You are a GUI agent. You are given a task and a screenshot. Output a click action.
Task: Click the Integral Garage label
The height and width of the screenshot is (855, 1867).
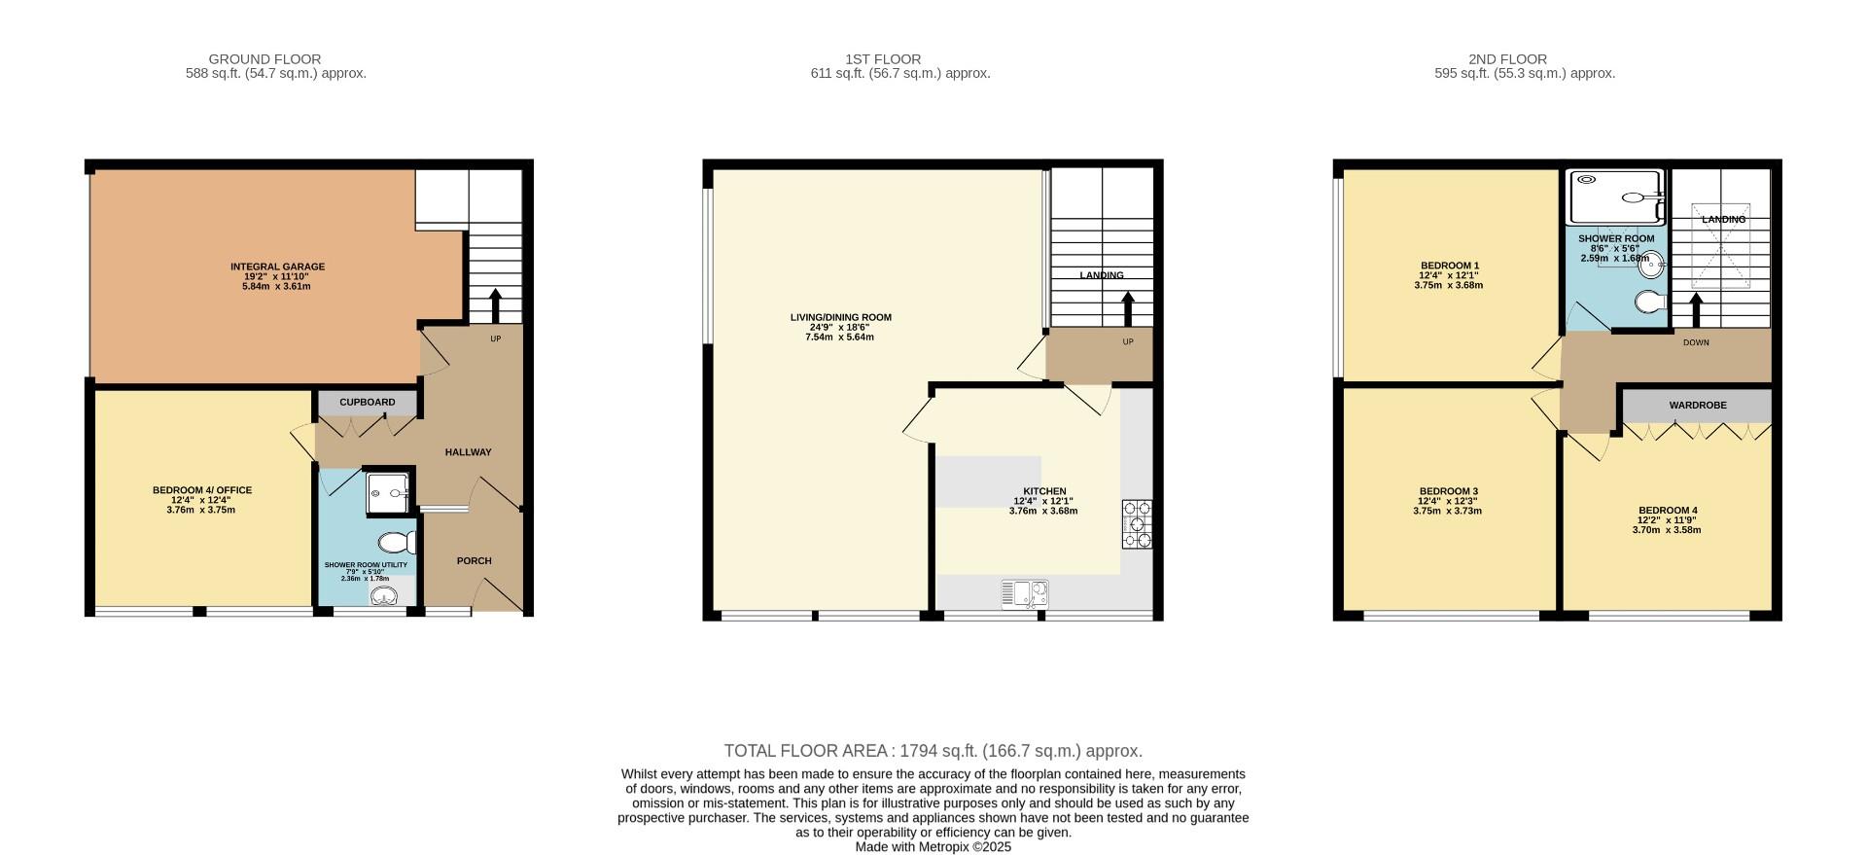click(277, 267)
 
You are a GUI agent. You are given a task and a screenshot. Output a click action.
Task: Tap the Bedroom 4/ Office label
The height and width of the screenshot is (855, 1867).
click(201, 490)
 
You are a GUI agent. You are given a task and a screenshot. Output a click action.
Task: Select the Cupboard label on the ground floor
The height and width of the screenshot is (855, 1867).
click(367, 403)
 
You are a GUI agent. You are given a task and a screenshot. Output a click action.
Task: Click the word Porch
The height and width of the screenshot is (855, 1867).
click(474, 560)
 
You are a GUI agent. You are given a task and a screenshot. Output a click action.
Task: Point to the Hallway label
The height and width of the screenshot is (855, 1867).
click(468, 452)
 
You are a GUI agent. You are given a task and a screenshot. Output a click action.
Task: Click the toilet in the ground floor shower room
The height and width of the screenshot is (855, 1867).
click(394, 543)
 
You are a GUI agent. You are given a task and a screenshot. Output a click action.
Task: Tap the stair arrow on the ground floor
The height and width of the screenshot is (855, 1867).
click(495, 304)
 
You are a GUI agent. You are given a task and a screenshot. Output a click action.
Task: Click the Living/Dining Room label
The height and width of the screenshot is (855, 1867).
click(840, 317)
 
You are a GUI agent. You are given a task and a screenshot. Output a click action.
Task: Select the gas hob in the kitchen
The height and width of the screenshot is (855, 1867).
click(1137, 524)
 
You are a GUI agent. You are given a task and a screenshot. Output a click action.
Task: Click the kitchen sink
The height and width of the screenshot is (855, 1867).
click(1025, 592)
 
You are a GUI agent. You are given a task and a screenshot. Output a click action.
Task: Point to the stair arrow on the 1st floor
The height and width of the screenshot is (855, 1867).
click(1128, 308)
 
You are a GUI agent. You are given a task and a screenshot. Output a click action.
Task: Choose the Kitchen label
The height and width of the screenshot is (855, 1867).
click(1043, 491)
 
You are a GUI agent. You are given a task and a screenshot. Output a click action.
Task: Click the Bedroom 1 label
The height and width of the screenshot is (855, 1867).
click(1449, 266)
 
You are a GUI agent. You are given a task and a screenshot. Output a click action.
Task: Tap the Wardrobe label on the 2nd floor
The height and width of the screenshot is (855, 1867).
click(1698, 405)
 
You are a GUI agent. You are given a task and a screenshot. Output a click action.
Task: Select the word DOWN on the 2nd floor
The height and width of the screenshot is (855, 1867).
click(1696, 342)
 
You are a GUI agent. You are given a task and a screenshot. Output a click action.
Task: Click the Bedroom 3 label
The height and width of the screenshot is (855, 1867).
click(1448, 491)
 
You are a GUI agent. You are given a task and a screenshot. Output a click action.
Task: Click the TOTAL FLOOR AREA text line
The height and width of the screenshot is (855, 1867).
click(933, 751)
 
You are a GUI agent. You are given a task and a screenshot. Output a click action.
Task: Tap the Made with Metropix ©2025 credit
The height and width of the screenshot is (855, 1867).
click(933, 847)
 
